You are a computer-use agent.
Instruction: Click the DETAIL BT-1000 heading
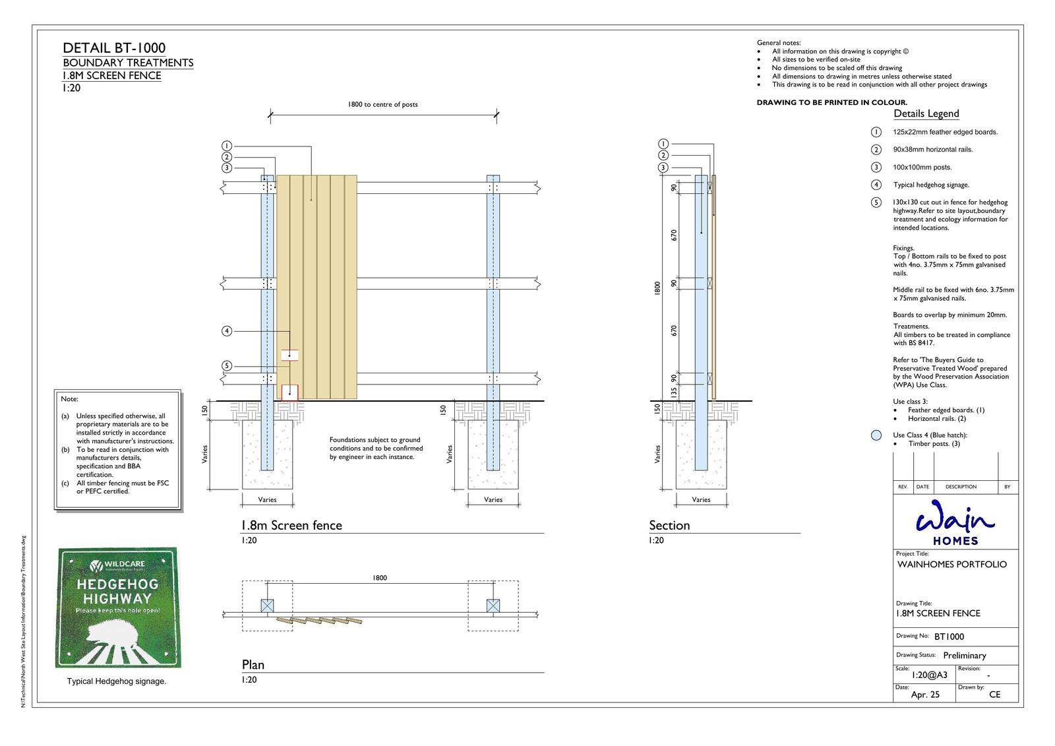pos(114,47)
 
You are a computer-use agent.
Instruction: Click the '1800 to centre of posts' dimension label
pos(382,104)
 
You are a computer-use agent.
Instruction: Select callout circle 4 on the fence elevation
pos(227,330)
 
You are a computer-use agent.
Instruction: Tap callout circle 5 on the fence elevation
pos(227,366)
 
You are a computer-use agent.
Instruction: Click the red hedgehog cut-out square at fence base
pos(289,392)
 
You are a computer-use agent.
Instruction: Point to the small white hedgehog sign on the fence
pos(289,355)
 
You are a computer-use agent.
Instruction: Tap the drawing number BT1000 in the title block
pos(949,637)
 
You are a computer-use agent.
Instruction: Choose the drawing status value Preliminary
pos(964,656)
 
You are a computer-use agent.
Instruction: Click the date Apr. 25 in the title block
pos(925,695)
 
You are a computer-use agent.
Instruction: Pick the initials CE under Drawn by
pos(994,695)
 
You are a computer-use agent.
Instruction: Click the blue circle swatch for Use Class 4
pos(876,435)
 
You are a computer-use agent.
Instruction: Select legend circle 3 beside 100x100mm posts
pos(876,168)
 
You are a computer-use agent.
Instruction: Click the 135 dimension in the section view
pos(674,391)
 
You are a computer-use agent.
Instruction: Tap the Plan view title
pos(253,665)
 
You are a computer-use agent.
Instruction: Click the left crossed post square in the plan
pos(267,606)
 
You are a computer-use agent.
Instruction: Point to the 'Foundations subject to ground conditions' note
pos(376,449)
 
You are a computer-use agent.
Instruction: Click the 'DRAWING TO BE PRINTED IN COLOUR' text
pos(831,102)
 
